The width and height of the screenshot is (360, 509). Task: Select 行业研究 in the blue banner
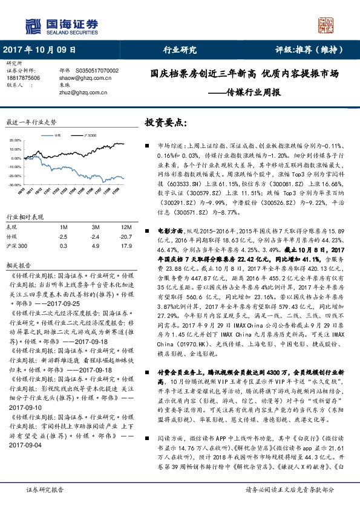pyautogui.click(x=180, y=50)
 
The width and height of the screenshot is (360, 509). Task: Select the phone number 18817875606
pyautogui.click(x=24, y=78)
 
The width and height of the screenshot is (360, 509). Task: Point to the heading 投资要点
pyautogui.click(x=163, y=123)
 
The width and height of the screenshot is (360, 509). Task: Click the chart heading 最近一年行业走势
pyautogui.click(x=31, y=122)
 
